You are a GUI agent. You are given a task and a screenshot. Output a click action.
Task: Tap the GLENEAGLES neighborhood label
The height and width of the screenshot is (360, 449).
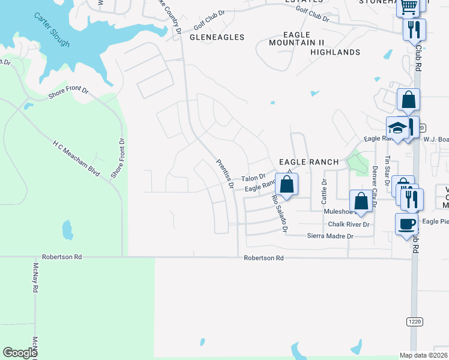pyautogui.click(x=217, y=37)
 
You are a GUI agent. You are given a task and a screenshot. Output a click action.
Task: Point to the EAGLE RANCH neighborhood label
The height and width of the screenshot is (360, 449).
pyautogui.click(x=309, y=162)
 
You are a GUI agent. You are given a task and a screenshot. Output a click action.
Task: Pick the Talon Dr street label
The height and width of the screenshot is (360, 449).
pyautogui.click(x=253, y=178)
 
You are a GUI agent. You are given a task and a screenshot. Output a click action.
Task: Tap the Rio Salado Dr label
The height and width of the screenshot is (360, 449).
pyautogui.click(x=280, y=214)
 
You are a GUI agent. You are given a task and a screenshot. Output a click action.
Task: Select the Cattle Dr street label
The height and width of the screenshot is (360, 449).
pyautogui.click(x=324, y=190)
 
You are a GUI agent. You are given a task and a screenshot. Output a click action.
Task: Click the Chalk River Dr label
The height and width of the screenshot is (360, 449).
pyautogui.click(x=349, y=224)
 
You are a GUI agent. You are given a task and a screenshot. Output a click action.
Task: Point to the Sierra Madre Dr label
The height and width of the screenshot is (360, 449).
pyautogui.click(x=330, y=236)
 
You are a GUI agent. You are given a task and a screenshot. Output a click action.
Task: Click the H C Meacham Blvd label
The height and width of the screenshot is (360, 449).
pyautogui.click(x=76, y=159)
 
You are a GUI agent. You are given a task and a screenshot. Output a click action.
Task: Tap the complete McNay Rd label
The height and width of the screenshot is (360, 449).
pyautogui.click(x=36, y=277)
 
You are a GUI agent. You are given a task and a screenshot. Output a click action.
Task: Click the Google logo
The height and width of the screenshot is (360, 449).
pyautogui.click(x=20, y=353)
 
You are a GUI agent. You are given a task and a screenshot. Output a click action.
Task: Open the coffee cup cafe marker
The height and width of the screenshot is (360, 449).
pyautogui.click(x=406, y=224)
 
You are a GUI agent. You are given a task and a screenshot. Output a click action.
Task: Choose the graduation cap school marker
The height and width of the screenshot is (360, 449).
pyautogui.click(x=397, y=128)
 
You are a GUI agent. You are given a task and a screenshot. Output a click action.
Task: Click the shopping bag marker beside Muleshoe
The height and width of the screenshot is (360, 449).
pyautogui.click(x=361, y=202)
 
